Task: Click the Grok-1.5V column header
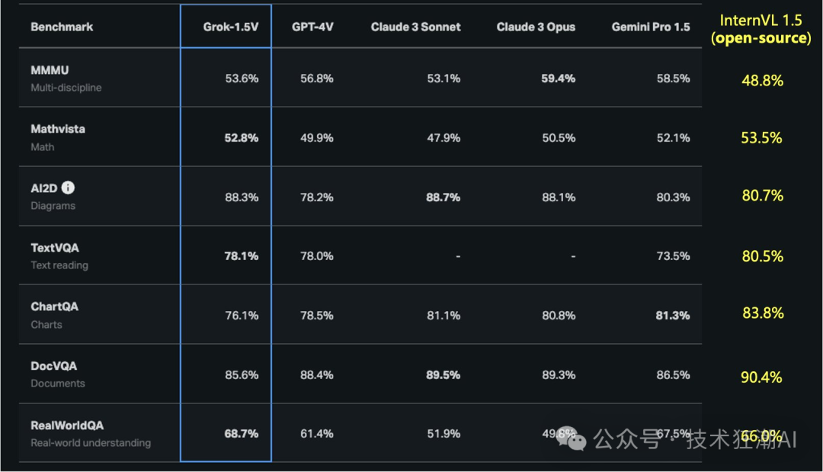tap(230, 27)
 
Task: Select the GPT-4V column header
tap(312, 27)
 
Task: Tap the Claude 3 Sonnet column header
tap(415, 27)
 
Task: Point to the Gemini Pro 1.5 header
tap(650, 27)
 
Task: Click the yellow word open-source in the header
tap(761, 38)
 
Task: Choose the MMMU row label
tap(50, 70)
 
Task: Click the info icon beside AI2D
tap(69, 188)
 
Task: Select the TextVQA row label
tap(55, 248)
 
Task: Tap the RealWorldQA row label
tap(67, 425)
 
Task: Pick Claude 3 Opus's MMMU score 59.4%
tap(558, 79)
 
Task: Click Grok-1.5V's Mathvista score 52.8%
tap(241, 138)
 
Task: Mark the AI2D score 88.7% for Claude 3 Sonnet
tap(443, 197)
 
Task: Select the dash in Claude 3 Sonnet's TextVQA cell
tap(457, 257)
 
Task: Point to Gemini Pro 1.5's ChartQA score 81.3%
tap(672, 315)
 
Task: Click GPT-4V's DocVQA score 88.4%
tap(317, 374)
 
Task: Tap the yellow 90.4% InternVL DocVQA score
tap(761, 377)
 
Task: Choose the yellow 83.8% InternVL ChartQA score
tap(761, 313)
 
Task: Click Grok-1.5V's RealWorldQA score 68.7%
tap(241, 434)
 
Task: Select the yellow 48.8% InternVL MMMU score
tap(761, 80)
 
